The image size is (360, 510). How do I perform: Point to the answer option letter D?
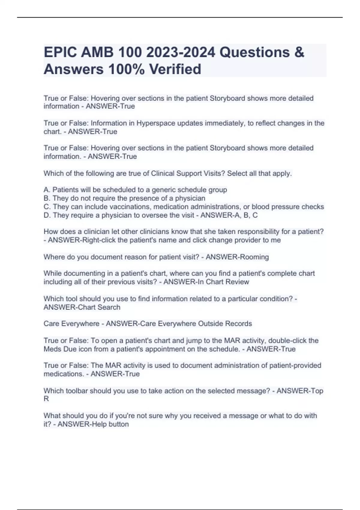[46, 215]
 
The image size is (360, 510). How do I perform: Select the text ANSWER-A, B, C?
[229, 215]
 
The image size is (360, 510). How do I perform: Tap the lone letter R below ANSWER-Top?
[46, 399]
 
